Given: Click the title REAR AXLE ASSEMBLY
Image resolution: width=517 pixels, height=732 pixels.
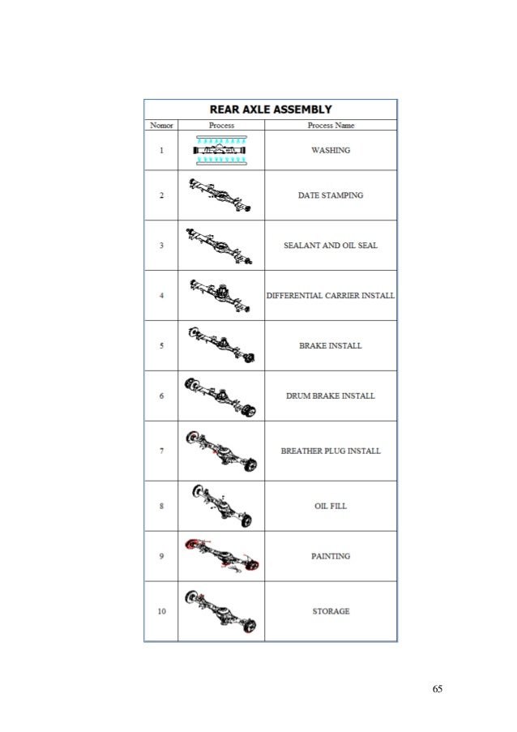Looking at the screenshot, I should [x=271, y=109].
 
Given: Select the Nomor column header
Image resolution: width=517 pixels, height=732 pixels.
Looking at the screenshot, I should [x=160, y=126].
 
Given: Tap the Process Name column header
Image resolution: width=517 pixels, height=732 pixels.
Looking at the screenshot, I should [x=331, y=126].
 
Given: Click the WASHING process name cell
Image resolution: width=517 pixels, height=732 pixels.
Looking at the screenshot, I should [x=331, y=151].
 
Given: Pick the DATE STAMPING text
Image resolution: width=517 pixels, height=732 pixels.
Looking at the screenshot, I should [x=331, y=195].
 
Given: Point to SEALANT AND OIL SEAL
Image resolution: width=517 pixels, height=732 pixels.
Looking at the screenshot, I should [x=331, y=246].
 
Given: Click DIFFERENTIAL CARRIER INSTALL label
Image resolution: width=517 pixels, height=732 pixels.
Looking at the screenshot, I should [x=331, y=296].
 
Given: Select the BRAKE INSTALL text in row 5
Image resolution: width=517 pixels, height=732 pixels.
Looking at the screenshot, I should [x=331, y=346].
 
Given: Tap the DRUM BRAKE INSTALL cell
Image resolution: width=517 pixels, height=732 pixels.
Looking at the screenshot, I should [x=331, y=396].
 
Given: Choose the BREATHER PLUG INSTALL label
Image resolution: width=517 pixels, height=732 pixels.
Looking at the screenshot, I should [x=331, y=451].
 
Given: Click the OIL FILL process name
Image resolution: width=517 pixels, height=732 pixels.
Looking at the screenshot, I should [x=331, y=507].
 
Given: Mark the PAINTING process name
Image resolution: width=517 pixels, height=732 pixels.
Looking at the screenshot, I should [x=331, y=556].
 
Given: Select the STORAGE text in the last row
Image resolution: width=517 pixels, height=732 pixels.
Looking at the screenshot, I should [x=331, y=610].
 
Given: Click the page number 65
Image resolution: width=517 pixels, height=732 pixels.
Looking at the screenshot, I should [x=438, y=689].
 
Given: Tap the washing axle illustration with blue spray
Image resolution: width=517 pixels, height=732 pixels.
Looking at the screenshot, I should [x=220, y=150].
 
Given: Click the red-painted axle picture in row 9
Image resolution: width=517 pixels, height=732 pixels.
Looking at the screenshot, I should [x=220, y=557].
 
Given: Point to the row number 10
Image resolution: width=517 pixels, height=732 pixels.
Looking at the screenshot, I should [x=160, y=610].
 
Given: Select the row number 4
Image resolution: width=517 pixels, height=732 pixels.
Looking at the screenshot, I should [x=160, y=296].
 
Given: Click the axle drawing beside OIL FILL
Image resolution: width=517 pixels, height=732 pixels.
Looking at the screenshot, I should [x=220, y=506].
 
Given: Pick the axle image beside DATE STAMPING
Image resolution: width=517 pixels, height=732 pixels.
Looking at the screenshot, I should [x=220, y=195].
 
